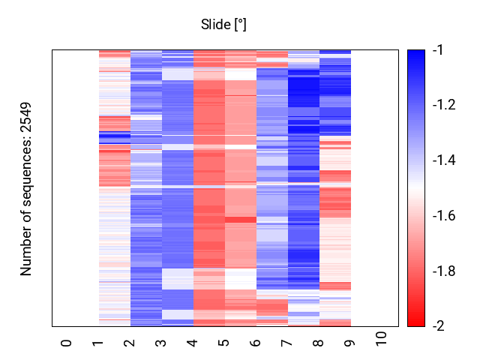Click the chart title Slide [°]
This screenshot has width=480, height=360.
pos(223,25)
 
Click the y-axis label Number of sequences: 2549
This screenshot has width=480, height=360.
pos(27,188)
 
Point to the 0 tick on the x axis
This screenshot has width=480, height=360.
pos(67,343)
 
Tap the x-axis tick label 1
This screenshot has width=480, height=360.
pos(98,343)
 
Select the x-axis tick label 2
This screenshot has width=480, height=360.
pos(130,343)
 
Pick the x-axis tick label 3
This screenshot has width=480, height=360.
pos(161,343)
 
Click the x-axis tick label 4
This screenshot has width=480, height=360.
pos(193,343)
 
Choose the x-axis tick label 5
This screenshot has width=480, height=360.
pos(224,343)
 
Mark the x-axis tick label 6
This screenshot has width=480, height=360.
pos(256,343)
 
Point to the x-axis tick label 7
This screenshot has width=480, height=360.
pos(287,343)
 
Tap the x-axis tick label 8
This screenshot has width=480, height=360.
pos(319,343)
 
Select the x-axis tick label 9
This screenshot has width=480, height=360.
pos(350,343)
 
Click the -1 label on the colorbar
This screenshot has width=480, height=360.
pos(438,50)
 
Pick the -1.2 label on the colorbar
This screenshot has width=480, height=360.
pos(443,105)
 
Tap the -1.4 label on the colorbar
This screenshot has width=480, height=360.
pos(443,160)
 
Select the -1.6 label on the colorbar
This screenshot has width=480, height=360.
pos(443,216)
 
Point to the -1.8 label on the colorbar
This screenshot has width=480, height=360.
pos(443,271)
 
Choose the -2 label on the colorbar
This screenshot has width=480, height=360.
pos(438,326)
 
